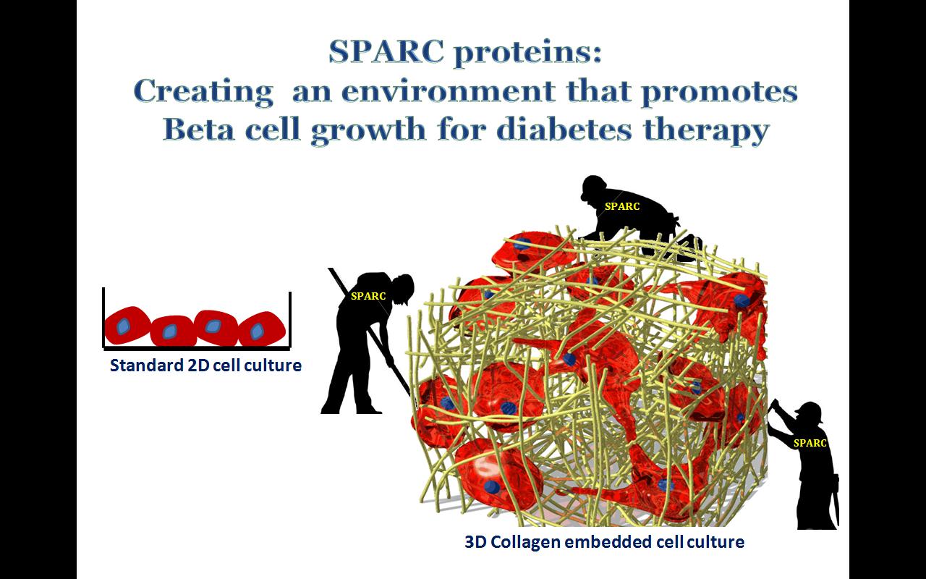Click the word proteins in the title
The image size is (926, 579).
[x=527, y=54]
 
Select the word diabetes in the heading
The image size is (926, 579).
[x=564, y=130]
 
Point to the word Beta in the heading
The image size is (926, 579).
[x=198, y=130]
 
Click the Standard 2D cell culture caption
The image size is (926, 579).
[x=205, y=365]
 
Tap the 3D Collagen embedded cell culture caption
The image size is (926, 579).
[x=604, y=542]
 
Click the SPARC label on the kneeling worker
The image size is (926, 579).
[x=622, y=206]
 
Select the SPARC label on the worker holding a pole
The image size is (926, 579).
[x=368, y=296]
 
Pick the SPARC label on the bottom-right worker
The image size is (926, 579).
[x=810, y=444]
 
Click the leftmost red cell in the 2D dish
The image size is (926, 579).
[x=127, y=326]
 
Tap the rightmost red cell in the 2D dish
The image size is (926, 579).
[x=262, y=329]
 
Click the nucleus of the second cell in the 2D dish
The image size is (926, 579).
[x=169, y=331]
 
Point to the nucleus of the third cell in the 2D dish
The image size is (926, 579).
[x=213, y=326]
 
